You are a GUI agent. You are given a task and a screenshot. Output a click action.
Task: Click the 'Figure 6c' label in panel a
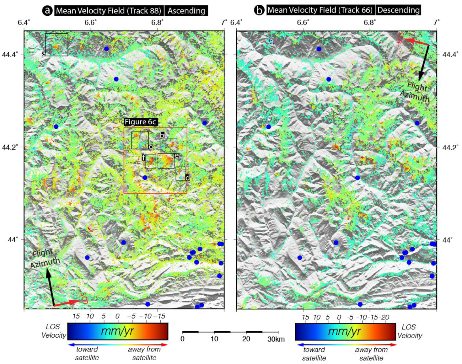(140, 122)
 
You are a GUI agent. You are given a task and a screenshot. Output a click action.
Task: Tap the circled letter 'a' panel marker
(47, 11)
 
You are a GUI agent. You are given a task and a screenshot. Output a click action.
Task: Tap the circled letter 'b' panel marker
(259, 10)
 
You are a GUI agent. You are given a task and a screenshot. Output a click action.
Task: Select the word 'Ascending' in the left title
(186, 11)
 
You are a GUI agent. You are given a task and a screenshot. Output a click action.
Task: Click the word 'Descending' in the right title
(398, 10)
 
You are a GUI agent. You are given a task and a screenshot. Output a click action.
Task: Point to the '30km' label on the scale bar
(276, 339)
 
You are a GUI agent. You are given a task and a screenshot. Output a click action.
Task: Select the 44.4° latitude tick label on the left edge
(10, 54)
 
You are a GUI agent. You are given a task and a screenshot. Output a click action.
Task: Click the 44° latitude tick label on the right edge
(447, 240)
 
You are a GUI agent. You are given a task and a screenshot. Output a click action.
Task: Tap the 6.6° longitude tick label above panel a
(90, 23)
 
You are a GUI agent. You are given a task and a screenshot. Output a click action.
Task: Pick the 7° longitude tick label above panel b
(437, 23)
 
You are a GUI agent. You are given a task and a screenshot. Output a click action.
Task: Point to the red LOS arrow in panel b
(416, 42)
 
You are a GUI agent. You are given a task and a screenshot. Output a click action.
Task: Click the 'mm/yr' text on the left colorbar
(117, 331)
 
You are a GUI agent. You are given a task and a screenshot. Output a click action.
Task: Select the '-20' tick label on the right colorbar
(384, 317)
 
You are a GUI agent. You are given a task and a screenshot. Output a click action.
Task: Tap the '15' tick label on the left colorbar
(76, 316)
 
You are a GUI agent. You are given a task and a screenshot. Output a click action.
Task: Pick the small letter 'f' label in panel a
(143, 158)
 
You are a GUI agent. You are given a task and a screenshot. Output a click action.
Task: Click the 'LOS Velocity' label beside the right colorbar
(409, 331)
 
